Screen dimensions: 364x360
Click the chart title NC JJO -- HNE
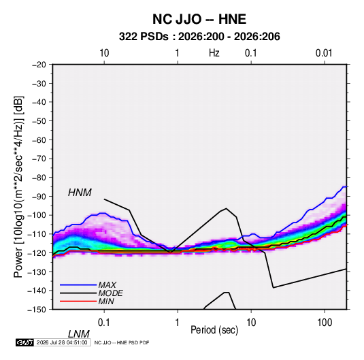point(199,19)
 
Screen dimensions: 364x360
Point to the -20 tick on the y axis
point(39,65)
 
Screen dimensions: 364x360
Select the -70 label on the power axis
point(39,159)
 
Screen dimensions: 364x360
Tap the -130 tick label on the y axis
point(37,272)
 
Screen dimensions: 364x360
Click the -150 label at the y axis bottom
point(37,310)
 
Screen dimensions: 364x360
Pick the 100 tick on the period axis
point(325,323)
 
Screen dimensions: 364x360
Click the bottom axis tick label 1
point(178,323)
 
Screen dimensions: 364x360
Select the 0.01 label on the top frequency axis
point(324,53)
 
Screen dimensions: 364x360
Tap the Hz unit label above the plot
point(214,53)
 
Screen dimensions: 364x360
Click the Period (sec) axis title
point(214,330)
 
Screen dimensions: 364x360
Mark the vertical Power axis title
point(18,186)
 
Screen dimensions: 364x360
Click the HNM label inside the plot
point(80,193)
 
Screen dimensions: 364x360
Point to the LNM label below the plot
point(78,334)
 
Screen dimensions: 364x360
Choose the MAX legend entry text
point(107,284)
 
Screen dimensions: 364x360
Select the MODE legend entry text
point(110,293)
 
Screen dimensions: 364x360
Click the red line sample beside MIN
point(78,301)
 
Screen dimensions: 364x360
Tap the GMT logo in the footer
point(24,342)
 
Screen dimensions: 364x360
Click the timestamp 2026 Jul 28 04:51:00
point(62,342)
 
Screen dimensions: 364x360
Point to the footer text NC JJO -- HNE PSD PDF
point(122,342)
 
